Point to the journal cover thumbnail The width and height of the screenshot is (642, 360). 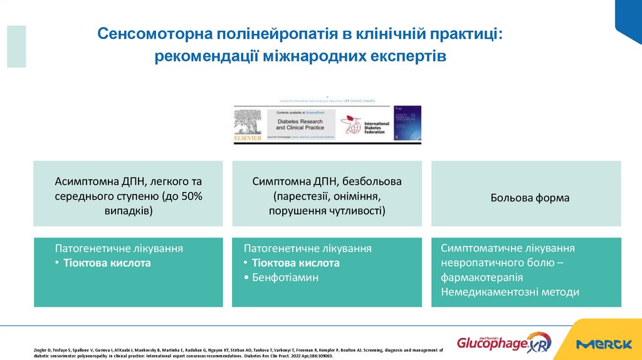[407, 123]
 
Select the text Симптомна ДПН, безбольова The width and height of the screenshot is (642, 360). [327, 181]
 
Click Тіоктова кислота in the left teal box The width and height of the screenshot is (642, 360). [107, 263]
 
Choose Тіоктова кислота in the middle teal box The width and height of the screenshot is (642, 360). [295, 263]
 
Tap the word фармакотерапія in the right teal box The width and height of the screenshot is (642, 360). [482, 277]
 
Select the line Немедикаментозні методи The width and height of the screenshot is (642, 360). [510, 292]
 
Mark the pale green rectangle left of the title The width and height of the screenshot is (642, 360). [16, 46]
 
